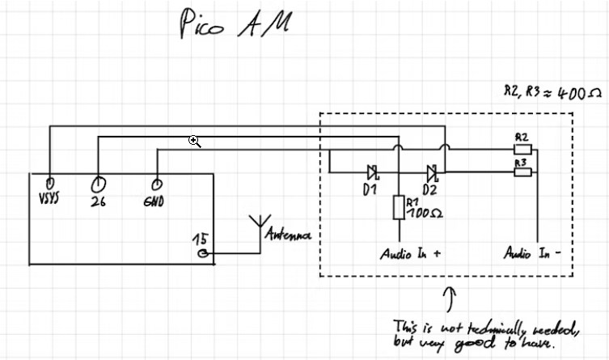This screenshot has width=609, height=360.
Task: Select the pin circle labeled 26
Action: pyautogui.click(x=99, y=184)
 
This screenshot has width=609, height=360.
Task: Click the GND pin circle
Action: pyautogui.click(x=156, y=184)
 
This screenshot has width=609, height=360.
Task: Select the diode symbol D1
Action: pyautogui.click(x=373, y=172)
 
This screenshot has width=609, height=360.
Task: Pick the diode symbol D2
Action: pyautogui.click(x=432, y=172)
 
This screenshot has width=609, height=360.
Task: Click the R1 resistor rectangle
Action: pyautogui.click(x=398, y=208)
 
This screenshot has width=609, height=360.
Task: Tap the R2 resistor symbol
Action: pyautogui.click(x=522, y=149)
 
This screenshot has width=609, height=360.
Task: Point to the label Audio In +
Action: pyautogui.click(x=410, y=254)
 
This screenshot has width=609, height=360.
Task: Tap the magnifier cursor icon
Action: pyautogui.click(x=194, y=141)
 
